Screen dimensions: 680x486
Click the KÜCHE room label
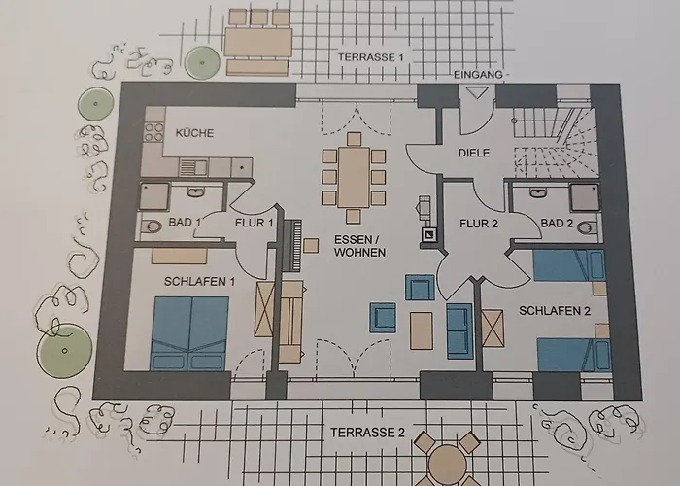point(194,133)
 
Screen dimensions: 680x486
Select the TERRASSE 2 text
point(367,433)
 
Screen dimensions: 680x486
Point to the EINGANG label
point(478,75)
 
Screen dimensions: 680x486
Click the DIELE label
point(474,153)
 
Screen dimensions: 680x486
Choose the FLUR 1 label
point(255,223)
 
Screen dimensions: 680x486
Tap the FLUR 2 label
point(479,224)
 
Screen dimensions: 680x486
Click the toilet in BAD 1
point(151,226)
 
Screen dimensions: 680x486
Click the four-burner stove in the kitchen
point(153,132)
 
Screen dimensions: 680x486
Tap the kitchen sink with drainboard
point(193,166)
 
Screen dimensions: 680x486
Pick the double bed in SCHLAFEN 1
point(189,333)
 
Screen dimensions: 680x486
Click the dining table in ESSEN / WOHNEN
point(354,178)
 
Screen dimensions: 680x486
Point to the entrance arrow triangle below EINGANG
point(476,92)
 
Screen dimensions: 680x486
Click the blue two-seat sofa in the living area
point(459,331)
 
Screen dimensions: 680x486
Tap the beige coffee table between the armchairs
point(421,330)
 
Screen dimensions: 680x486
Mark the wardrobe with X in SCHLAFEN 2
point(493,329)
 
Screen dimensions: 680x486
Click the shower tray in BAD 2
point(584,198)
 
